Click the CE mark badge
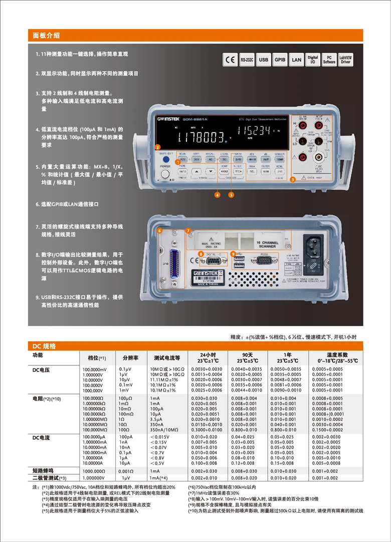coord(231,60)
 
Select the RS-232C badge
coord(247,60)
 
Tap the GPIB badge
coord(280,60)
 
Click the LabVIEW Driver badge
coord(346,60)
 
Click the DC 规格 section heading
coord(45,346)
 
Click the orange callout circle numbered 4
coord(218,194)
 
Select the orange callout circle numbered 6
coord(159,231)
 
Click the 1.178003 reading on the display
coord(201,136)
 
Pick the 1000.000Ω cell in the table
coord(94,471)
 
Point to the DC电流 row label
coord(42,438)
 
